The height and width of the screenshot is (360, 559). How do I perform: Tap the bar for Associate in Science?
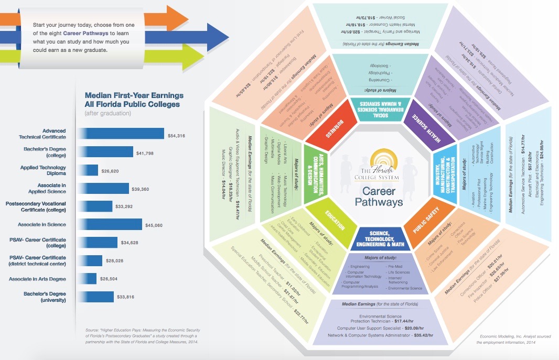110,224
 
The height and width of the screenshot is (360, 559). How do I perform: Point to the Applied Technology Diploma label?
44,170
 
